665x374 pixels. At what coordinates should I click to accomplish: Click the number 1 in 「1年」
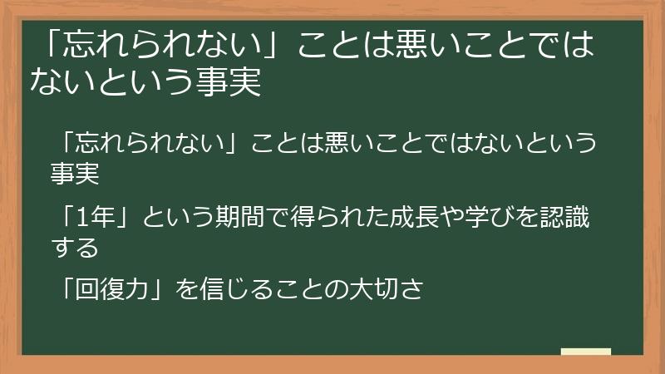[79, 218]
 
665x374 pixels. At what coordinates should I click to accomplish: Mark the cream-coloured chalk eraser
[585, 352]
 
